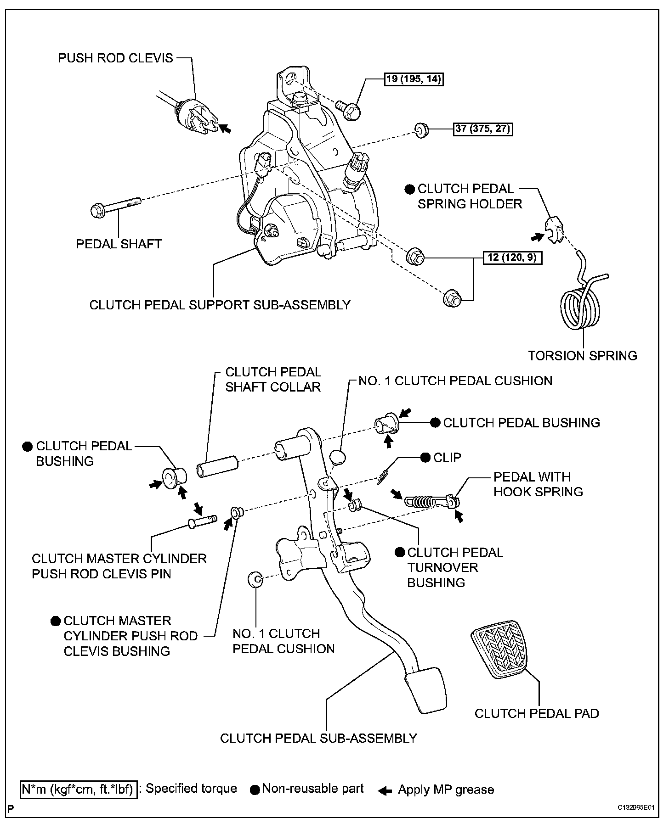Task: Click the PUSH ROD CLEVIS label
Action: [x=115, y=58]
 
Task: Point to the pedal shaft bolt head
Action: [x=97, y=211]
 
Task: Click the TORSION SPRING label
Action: [x=582, y=355]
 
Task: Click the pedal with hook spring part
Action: [x=429, y=500]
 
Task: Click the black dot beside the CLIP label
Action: [x=425, y=457]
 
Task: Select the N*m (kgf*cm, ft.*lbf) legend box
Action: [x=79, y=790]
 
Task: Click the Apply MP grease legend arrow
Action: [x=385, y=790]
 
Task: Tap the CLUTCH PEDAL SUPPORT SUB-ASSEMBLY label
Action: [x=220, y=305]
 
